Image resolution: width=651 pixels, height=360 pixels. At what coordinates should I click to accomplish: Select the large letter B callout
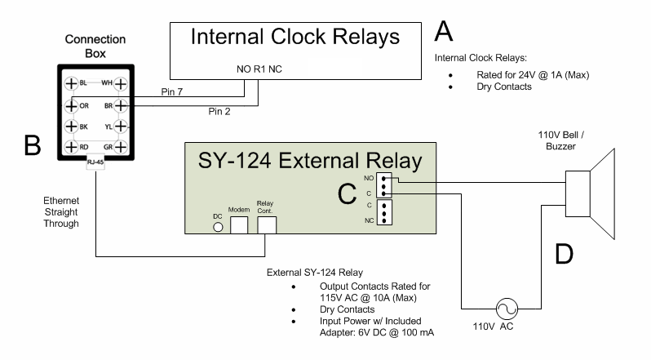pyautogui.click(x=33, y=144)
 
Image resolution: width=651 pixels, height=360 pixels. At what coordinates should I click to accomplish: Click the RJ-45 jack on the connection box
pyautogui.click(x=95, y=162)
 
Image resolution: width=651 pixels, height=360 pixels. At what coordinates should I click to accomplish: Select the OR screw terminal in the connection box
pyautogui.click(x=71, y=104)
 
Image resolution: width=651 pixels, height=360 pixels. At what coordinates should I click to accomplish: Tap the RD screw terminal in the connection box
pyautogui.click(x=71, y=147)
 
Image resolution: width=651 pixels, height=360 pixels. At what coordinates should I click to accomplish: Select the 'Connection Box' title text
pyautogui.click(x=95, y=47)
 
